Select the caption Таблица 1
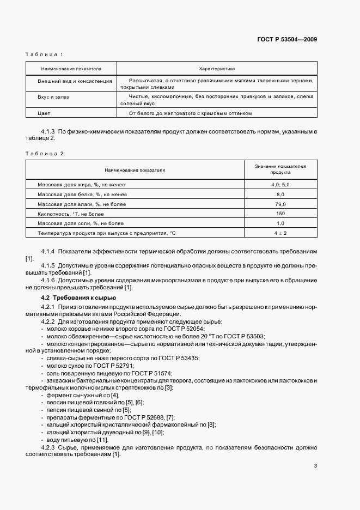[45, 54]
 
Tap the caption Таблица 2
[45, 154]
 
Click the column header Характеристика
[217, 69]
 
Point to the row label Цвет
[44, 113]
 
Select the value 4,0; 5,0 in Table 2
[280, 185]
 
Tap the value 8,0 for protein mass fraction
[280, 195]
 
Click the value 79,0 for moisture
[280, 204]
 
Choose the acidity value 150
[280, 214]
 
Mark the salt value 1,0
[280, 223]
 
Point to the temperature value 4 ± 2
[280, 233]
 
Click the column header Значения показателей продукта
[280, 168]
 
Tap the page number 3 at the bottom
[315, 465]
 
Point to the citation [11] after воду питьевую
[102, 439]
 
